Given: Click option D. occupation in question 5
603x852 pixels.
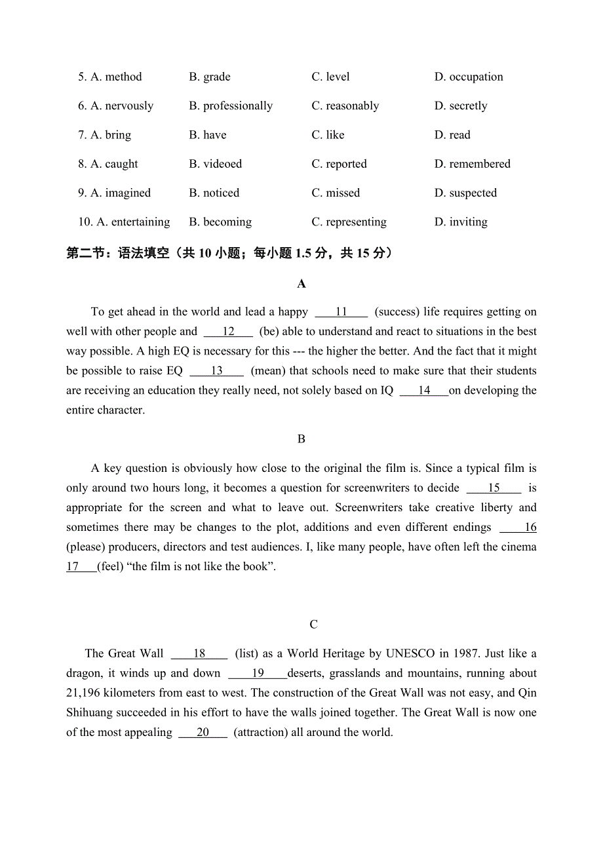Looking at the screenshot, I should [x=468, y=77].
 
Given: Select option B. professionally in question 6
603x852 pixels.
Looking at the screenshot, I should [x=231, y=106].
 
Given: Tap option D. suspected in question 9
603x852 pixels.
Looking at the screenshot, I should [x=465, y=193].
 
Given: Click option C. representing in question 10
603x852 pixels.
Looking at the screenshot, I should [x=349, y=222].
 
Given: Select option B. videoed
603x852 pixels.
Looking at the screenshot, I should [x=215, y=164].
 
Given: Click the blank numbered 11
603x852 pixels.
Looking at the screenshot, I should [x=341, y=312].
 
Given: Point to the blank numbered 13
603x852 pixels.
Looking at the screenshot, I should [x=216, y=371].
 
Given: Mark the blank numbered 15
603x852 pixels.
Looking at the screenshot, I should [x=494, y=488].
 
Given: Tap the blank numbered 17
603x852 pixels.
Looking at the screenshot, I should [x=81, y=567].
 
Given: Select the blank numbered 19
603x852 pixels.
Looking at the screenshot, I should [x=258, y=673].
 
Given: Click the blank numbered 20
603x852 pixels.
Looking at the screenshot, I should [x=203, y=732].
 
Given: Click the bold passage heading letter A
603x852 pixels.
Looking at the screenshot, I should [x=301, y=284].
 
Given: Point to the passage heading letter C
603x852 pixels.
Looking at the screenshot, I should [x=313, y=624].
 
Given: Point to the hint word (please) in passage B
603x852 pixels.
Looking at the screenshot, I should [x=86, y=547].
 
